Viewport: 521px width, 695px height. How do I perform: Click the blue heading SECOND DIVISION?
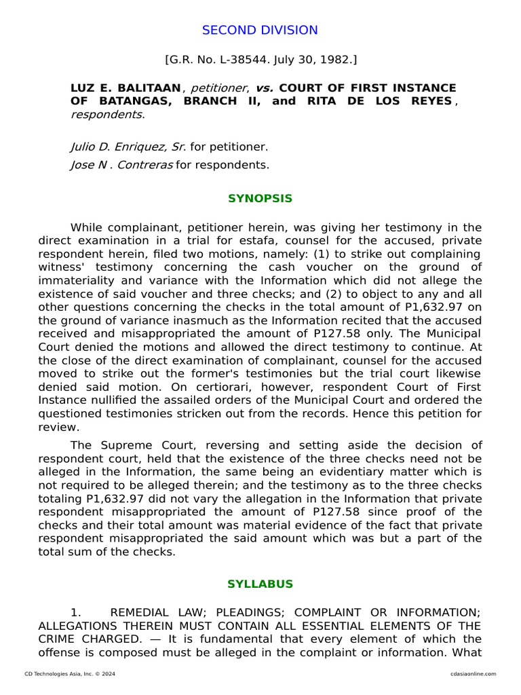point(260,30)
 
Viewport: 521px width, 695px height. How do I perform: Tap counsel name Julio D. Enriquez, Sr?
point(128,147)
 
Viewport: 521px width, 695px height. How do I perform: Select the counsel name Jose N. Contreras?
point(121,164)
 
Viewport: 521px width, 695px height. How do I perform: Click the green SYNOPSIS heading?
point(260,199)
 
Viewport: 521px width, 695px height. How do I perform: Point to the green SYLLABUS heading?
point(260,584)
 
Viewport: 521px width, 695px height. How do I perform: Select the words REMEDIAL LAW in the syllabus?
point(147,613)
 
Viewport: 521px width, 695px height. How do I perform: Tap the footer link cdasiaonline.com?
point(472,674)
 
